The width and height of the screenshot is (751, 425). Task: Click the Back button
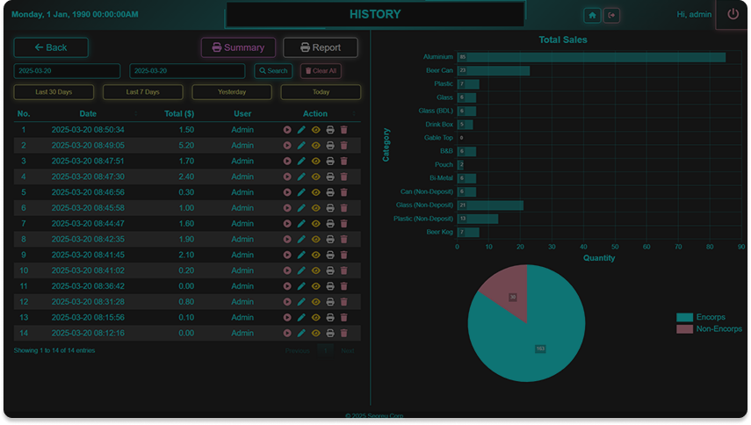tap(51, 47)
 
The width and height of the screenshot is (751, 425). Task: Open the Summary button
tap(238, 47)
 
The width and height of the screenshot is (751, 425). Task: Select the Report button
tap(320, 47)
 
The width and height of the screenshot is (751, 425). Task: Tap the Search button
tap(273, 71)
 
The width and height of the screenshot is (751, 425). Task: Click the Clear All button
tap(321, 71)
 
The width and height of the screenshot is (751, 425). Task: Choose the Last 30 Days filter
tap(54, 92)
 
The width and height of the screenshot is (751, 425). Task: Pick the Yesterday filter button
tap(232, 92)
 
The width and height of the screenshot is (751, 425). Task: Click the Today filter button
tap(321, 92)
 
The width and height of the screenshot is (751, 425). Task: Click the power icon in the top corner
tap(733, 15)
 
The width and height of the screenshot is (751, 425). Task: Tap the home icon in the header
tap(593, 15)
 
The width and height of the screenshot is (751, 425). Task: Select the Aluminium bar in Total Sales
tap(591, 57)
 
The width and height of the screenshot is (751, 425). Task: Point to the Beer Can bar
tap(493, 70)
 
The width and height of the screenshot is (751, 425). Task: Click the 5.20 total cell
tap(186, 145)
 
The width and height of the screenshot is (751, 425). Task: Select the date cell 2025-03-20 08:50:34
tap(88, 130)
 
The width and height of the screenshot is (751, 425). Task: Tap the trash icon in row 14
tap(344, 333)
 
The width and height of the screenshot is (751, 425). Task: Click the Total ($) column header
tap(178, 114)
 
